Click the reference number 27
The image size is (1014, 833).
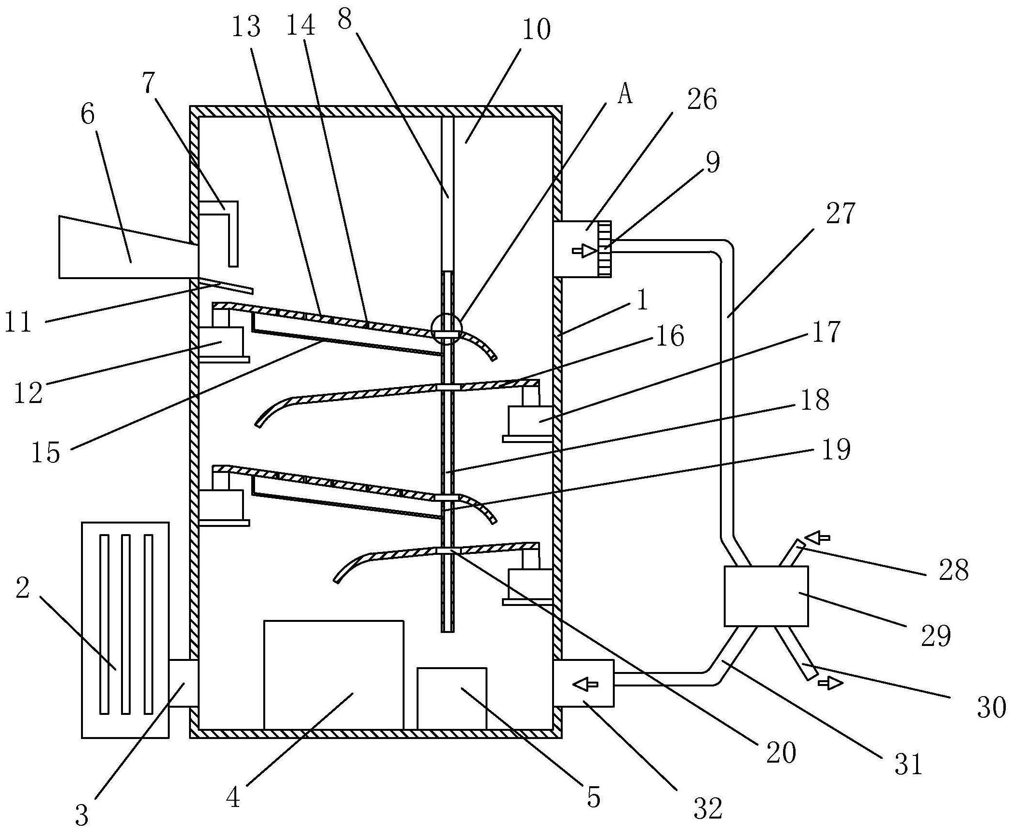(x=840, y=214)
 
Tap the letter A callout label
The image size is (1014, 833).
(x=625, y=95)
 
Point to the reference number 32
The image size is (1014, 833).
(x=708, y=808)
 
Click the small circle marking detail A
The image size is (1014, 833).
(x=447, y=329)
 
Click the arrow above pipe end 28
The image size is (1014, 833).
(x=817, y=537)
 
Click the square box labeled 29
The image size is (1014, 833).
(x=766, y=596)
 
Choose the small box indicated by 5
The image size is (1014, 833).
(x=452, y=698)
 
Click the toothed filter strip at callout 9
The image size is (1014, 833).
(x=604, y=249)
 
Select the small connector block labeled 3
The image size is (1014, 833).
(x=183, y=683)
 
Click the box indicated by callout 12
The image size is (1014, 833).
(x=221, y=342)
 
